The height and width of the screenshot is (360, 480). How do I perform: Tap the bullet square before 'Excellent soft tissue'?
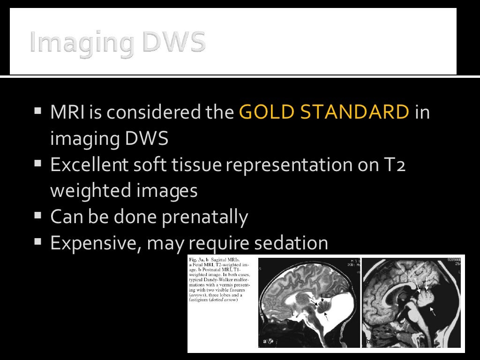38,165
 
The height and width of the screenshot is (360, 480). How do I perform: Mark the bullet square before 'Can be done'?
38,217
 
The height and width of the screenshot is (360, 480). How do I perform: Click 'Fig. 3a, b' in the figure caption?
199,259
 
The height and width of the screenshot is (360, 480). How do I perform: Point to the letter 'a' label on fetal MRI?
265,341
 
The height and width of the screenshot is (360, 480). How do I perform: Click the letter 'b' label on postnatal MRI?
368,341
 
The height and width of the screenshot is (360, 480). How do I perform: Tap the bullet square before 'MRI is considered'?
38,112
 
